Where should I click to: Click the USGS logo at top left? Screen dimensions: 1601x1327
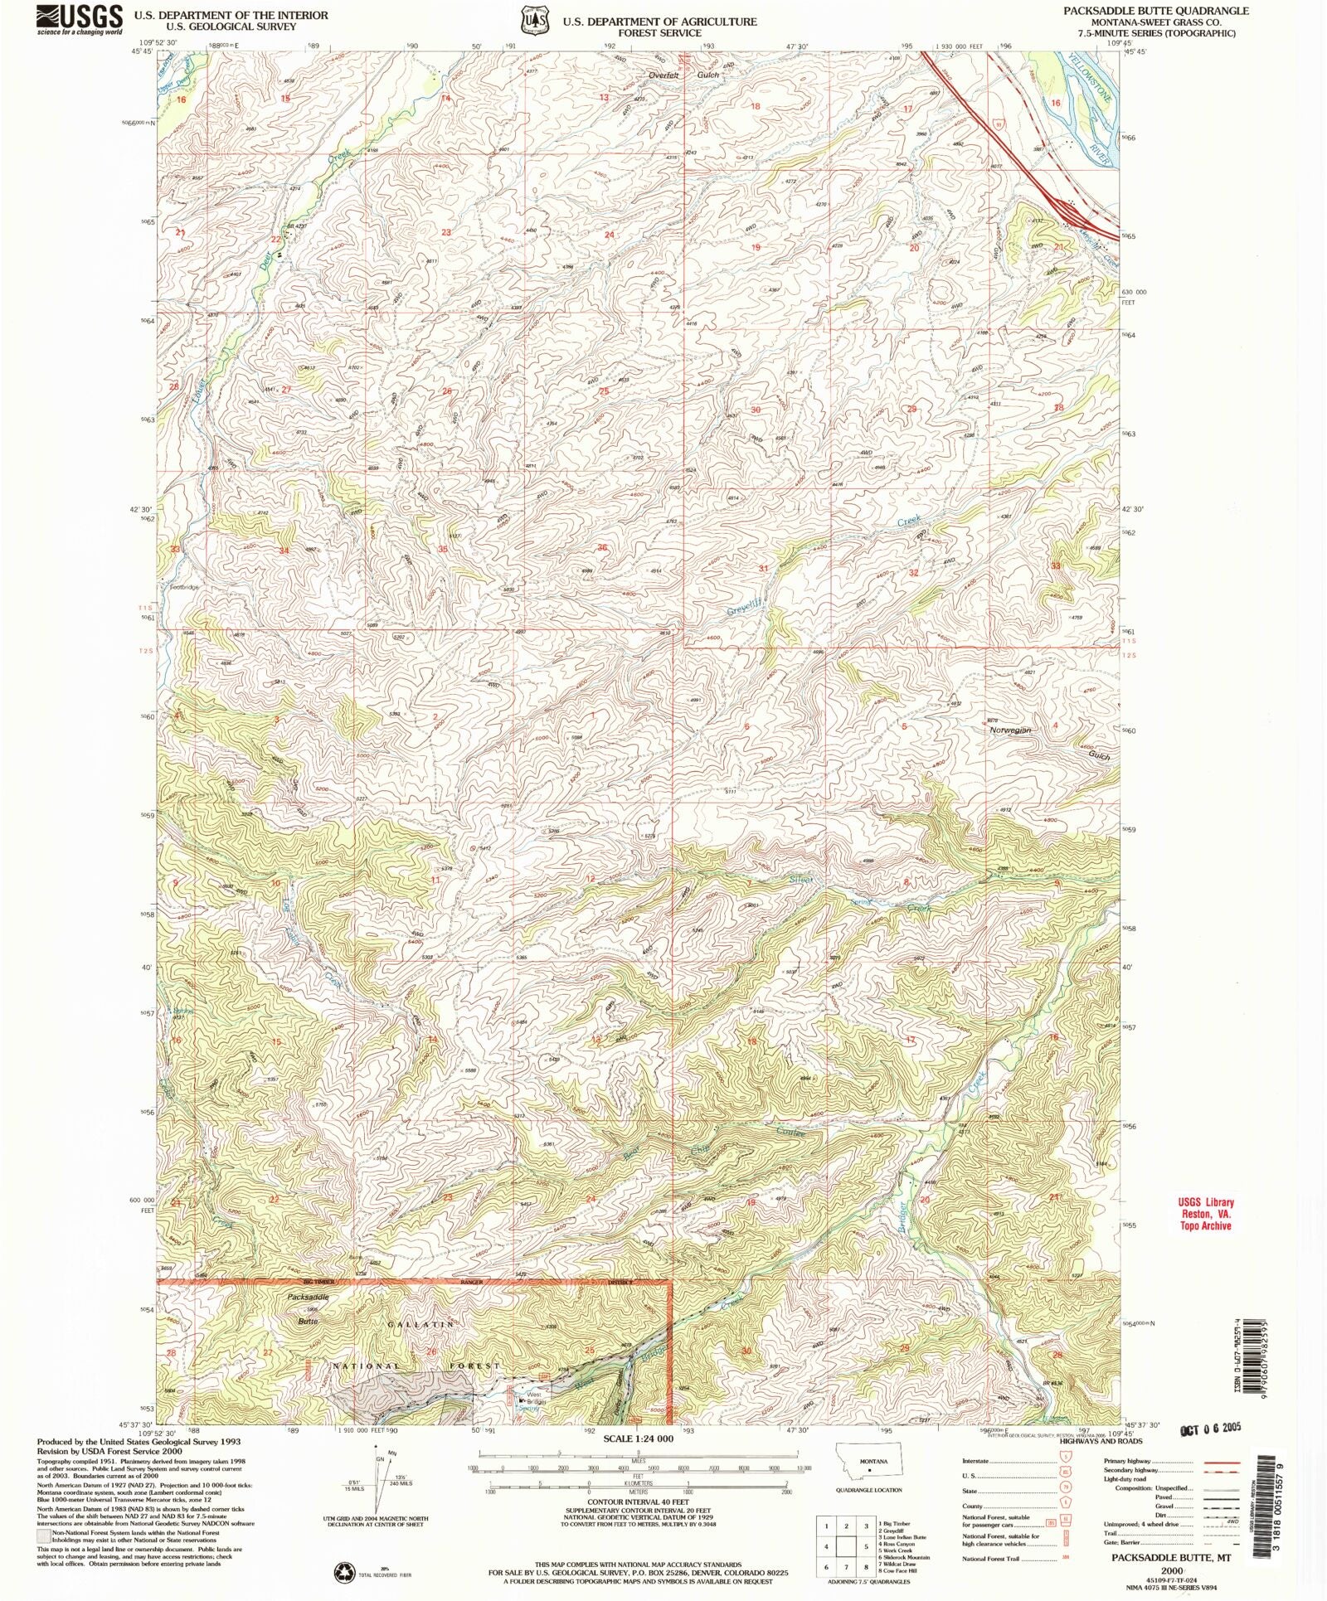pos(80,19)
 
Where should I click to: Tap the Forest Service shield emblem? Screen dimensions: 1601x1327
pos(533,19)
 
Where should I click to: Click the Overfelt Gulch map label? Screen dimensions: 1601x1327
pos(684,75)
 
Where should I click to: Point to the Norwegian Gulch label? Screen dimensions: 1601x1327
pos(1010,730)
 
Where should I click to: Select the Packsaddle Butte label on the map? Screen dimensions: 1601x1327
pos(309,1296)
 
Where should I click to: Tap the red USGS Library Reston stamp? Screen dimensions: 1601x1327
pos(1206,1214)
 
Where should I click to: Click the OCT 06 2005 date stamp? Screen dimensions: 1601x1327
pos(1210,1428)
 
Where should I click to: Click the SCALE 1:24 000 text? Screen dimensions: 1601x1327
pos(638,1438)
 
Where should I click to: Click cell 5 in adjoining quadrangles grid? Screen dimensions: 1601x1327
pos(866,1547)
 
